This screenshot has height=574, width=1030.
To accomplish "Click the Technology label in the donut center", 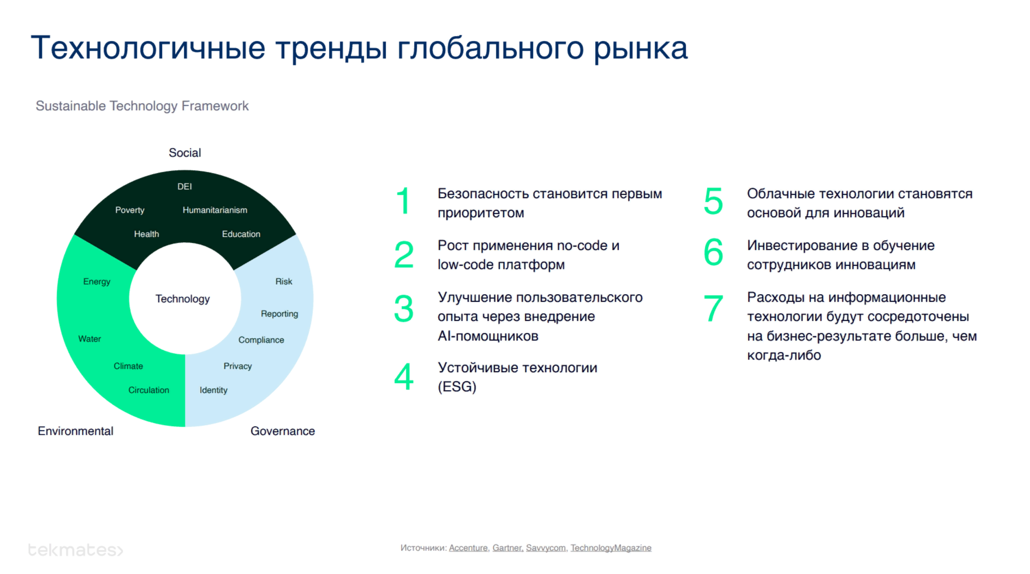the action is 182,299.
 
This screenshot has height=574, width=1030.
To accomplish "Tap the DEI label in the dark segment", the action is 184,187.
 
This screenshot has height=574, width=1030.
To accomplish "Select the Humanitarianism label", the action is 215,210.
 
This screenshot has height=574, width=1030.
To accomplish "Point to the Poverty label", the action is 130,210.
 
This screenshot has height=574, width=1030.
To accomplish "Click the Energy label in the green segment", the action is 97,282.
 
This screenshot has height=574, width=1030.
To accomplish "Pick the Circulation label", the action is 148,390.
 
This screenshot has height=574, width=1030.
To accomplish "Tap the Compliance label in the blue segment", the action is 261,340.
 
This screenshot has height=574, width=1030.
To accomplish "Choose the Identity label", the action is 213,390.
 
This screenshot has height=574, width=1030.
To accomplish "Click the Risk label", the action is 284,282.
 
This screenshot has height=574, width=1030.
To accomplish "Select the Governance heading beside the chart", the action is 283,431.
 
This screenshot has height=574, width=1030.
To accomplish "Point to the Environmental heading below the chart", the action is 75,431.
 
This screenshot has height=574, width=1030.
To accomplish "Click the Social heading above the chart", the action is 185,153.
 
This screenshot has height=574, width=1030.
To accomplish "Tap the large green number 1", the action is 404,201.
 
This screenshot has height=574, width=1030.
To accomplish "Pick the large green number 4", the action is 404,377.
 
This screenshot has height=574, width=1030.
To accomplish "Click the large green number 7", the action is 714,308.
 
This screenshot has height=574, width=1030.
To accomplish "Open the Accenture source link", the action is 468,548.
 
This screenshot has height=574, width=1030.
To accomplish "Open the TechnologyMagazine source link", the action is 611,548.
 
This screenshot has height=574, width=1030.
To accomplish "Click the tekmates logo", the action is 75,550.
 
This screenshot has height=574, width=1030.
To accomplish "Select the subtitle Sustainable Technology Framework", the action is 142,106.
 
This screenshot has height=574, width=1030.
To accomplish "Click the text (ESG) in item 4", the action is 457,387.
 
